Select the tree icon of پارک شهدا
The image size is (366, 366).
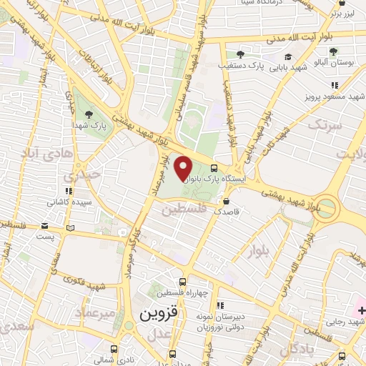(x=88, y=114)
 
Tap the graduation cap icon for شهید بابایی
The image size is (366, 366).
(x=288, y=56)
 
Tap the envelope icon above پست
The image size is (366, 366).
(x=70, y=228)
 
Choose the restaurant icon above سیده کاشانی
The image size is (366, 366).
(x=69, y=192)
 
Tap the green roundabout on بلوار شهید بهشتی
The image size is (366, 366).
(x=327, y=209)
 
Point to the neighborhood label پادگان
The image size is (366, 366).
(x=295, y=350)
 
